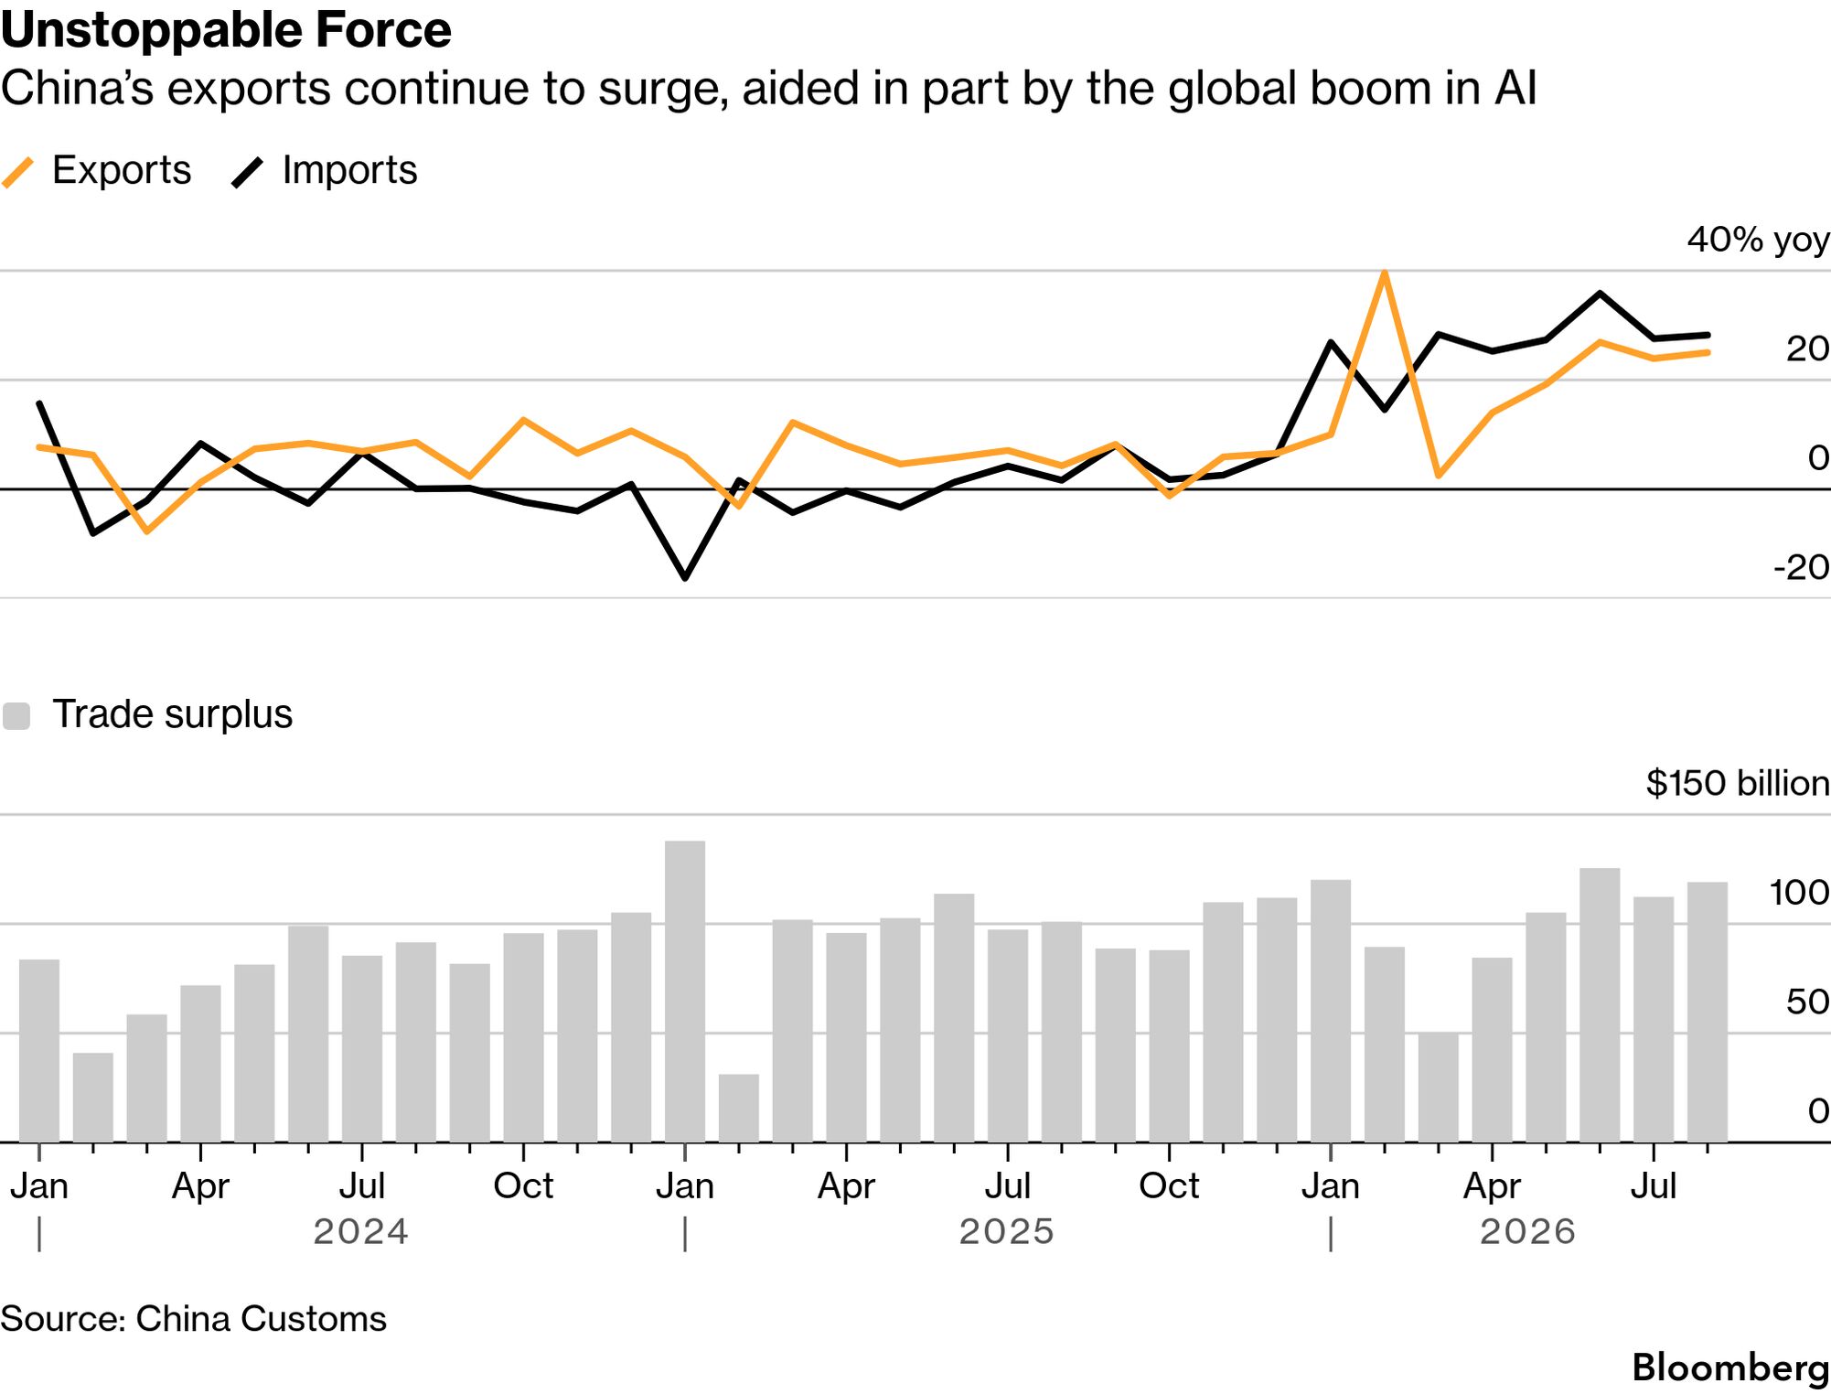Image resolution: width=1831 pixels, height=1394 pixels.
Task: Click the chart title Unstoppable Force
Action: (226, 30)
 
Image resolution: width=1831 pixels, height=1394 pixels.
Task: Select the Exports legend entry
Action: (96, 171)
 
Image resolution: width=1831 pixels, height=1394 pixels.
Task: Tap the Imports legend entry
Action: (325, 171)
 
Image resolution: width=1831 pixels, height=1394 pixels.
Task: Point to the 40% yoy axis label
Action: (1758, 240)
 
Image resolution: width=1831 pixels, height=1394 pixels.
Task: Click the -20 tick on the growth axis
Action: (1801, 568)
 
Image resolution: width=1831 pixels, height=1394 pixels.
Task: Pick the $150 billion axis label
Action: (1738, 783)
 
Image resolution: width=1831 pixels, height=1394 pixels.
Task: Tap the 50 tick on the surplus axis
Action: (1807, 1003)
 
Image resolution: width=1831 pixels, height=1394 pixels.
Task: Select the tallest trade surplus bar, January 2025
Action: (685, 992)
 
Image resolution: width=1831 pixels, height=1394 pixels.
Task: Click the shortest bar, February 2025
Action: (739, 1109)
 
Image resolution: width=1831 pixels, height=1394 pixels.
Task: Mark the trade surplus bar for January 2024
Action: (39, 1051)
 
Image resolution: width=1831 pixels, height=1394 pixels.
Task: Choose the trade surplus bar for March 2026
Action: (1439, 1088)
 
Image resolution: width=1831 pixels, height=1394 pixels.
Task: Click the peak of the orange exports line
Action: (1385, 273)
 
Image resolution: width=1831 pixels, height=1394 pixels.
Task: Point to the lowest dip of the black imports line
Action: (685, 578)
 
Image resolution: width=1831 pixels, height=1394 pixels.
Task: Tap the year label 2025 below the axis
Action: (1007, 1232)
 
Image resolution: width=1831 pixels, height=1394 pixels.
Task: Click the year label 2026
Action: (1528, 1232)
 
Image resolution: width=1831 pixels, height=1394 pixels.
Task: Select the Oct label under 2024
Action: (523, 1186)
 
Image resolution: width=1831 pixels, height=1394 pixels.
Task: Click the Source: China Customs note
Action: (193, 1319)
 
